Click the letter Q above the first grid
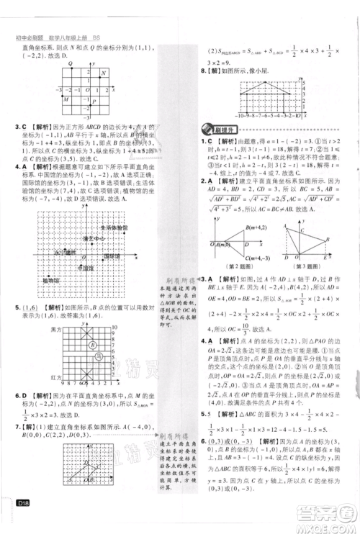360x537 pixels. coord(70,66)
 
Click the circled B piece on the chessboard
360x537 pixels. coord(93,345)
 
